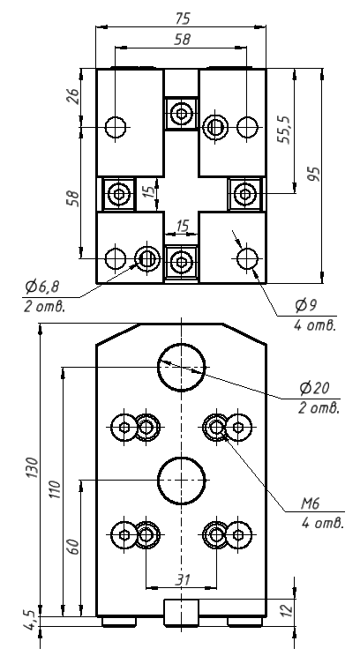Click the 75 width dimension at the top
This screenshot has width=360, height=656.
(x=183, y=19)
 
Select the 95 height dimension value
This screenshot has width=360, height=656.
(x=313, y=173)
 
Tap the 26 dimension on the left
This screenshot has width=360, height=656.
(x=73, y=94)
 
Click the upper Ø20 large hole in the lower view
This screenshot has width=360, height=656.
(x=182, y=367)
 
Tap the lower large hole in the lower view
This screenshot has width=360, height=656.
(x=182, y=479)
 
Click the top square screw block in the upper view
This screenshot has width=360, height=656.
(x=182, y=114)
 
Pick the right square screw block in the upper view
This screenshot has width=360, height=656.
(x=244, y=192)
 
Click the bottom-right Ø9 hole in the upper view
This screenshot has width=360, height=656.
(x=246, y=258)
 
